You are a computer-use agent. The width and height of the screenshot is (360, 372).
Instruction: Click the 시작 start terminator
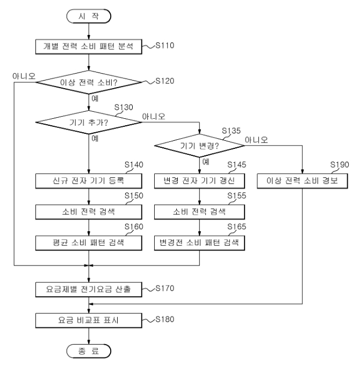89,16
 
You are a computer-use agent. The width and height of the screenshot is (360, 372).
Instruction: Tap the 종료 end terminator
89,351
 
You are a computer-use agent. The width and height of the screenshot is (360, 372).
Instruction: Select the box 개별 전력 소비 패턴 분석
89,47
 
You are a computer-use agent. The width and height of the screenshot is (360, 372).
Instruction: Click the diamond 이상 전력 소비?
89,82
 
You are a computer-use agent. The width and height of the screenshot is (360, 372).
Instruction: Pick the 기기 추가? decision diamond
89,122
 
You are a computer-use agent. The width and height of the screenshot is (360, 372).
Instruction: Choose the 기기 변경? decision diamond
199,146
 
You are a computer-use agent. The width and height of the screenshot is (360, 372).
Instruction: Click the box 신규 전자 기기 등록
89,181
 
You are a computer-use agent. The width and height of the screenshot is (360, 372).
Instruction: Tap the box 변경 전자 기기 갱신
199,181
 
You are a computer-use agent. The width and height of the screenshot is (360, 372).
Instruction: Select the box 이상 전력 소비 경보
303,181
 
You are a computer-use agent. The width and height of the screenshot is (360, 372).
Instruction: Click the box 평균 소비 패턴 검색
89,243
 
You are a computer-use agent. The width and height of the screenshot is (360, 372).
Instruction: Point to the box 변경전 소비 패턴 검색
199,243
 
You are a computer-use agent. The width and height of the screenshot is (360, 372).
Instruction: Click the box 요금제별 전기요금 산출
89,289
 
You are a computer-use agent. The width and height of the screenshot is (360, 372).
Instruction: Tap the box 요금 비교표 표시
89,320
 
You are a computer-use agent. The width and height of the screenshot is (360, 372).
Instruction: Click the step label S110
165,45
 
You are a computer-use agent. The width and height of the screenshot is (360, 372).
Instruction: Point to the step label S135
231,131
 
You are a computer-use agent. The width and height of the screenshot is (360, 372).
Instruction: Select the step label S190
340,164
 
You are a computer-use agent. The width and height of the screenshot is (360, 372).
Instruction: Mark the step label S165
236,226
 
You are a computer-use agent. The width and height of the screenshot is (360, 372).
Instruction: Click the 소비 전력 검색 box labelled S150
89,212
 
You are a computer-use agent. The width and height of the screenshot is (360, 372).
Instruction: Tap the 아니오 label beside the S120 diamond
24,76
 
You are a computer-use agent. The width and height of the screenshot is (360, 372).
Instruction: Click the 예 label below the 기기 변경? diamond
206,162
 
